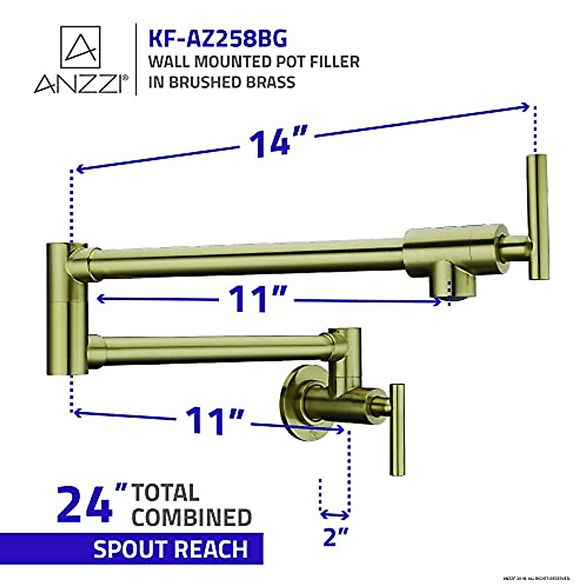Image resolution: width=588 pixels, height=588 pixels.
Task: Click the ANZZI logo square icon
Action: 80,47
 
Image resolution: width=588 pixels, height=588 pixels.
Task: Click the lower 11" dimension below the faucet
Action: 214,420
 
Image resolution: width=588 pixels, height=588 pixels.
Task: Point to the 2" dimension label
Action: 335,537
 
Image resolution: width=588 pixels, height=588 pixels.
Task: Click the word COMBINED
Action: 192,517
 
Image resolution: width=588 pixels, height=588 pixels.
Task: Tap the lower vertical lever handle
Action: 397,429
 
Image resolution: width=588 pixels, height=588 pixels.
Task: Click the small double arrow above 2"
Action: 334,514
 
